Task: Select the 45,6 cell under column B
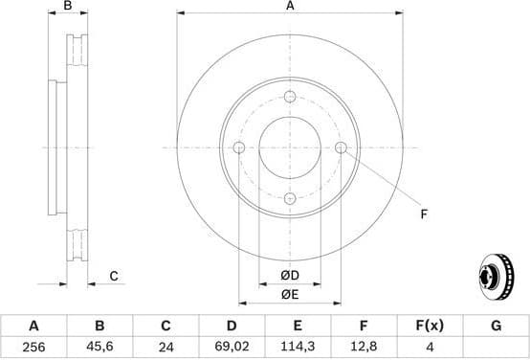(99, 349)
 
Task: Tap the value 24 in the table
(165, 349)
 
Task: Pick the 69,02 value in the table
(232, 349)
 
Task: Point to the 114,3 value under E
(298, 349)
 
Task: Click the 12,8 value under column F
(364, 349)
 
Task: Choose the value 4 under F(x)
(430, 349)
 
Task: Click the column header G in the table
(496, 326)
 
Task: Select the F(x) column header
(430, 326)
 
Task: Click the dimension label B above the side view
(67, 7)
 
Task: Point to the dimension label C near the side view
(113, 277)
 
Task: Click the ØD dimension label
(289, 276)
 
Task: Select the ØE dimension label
(289, 294)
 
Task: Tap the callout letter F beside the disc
(423, 214)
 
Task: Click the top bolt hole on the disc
(289, 97)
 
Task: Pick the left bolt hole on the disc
(239, 147)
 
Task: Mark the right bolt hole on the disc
(340, 147)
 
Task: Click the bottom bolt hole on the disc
(289, 197)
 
